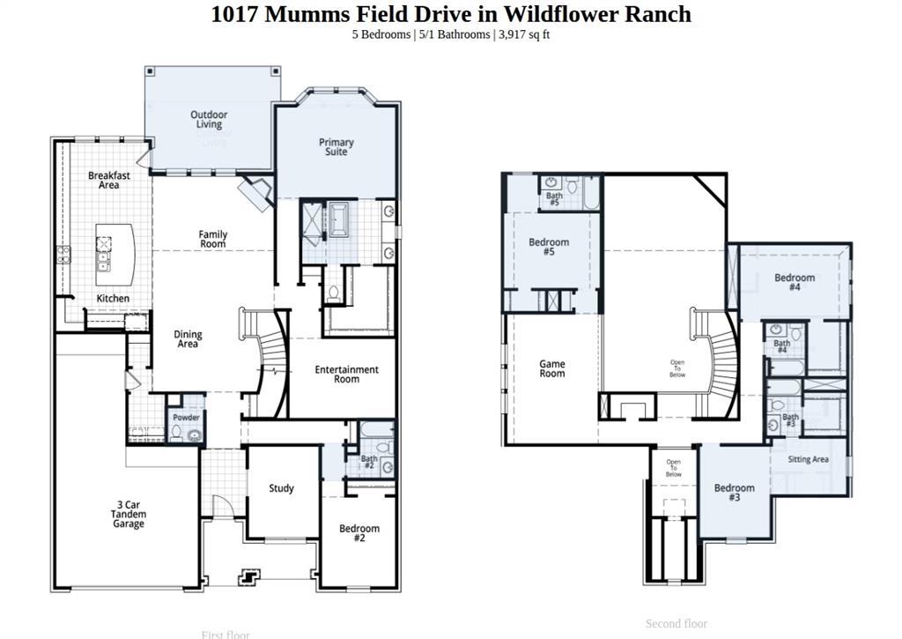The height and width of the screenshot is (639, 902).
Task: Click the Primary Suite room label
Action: coord(336,147)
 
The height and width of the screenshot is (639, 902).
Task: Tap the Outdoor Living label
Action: coord(209,120)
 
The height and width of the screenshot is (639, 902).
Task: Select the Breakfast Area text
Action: coord(109,180)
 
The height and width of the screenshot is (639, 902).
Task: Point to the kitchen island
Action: coord(115,255)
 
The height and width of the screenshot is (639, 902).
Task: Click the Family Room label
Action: coord(212,239)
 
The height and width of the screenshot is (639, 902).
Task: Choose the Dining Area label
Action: coord(188,339)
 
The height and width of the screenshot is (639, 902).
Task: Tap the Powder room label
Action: coord(186,417)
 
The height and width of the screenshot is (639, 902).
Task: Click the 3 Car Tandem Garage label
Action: coord(129,515)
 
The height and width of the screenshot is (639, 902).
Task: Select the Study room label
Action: coord(281,488)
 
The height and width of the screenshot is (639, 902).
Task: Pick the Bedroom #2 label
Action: coord(359,532)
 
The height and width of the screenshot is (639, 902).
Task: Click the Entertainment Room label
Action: coord(346,375)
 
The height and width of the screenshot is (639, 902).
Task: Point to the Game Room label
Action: coord(552,368)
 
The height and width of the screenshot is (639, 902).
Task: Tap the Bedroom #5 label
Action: coord(549,247)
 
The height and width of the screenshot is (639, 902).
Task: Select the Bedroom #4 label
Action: coord(795,282)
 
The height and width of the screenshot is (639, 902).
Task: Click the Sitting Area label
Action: coord(808,459)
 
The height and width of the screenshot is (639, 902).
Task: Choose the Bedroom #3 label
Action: coord(734,493)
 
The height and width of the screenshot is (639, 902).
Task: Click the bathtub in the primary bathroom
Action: coord(339,218)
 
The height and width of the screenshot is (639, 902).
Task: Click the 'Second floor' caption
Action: coord(676,623)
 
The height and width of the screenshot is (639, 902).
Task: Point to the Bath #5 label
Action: coord(554,199)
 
